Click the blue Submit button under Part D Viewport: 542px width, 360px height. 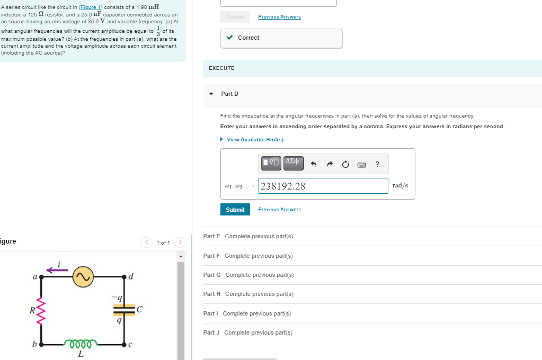tap(235, 210)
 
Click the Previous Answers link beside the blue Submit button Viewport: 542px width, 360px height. tap(279, 210)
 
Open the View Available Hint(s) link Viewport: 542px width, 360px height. tap(255, 140)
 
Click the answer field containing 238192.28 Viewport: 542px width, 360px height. tap(323, 186)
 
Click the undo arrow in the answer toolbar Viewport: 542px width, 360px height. tap(314, 164)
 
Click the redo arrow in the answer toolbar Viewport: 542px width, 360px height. tap(330, 164)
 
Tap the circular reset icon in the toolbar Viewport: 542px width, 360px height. tap(345, 164)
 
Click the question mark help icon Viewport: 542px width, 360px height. tap(377, 164)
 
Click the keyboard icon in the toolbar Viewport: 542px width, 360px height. tap(361, 164)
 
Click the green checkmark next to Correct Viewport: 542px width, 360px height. tap(229, 38)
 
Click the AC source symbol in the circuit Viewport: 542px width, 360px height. tap(83, 276)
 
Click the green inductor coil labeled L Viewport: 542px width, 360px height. tap(81, 344)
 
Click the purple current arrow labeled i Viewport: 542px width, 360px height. tap(57, 270)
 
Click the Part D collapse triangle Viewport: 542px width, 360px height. tap(211, 94)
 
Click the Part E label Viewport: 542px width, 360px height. tap(212, 236)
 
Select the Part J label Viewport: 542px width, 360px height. tap(211, 332)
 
